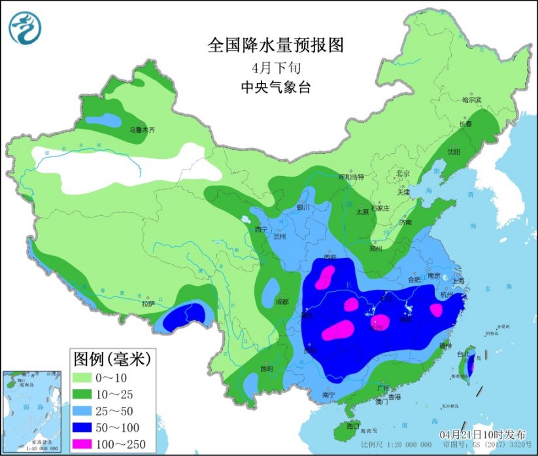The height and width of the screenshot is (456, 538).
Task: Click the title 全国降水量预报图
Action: [275, 45]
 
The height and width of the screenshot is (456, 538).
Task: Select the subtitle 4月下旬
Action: [275, 67]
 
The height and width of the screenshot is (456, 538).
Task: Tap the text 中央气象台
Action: [275, 87]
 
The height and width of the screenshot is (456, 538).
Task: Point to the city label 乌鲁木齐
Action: [142, 130]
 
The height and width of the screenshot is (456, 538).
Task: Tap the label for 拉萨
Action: [148, 304]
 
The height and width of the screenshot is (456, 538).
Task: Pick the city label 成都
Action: [282, 302]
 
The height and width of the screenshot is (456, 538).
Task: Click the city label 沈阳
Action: [453, 152]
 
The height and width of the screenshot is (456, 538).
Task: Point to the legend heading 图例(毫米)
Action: [112, 359]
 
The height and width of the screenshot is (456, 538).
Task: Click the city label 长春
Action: [465, 124]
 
